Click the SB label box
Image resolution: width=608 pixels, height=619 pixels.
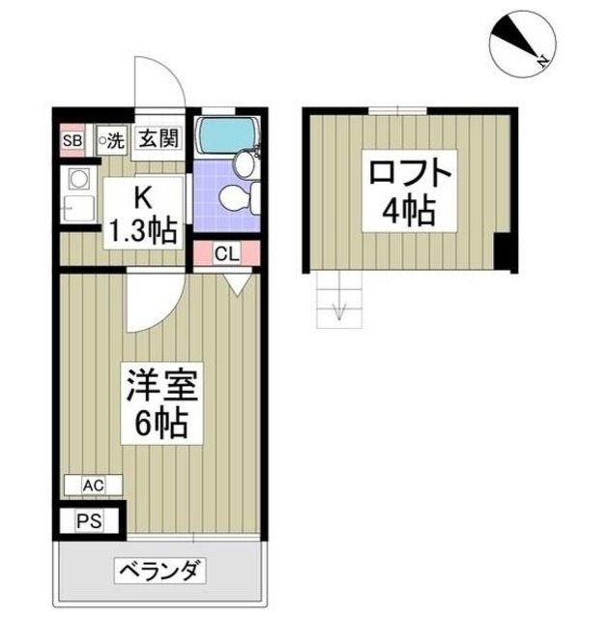point(71,140)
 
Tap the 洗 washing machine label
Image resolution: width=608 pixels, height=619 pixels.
point(111,140)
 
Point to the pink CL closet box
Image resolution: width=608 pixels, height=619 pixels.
point(225,255)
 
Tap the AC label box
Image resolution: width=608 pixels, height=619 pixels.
point(93,484)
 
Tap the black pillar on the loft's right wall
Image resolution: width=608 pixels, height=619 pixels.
point(501,252)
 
